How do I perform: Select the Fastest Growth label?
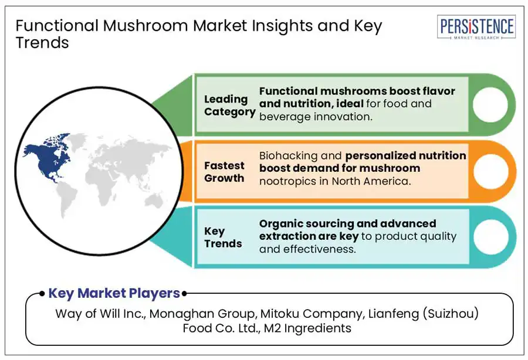(x=225, y=172)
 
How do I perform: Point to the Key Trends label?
(x=223, y=237)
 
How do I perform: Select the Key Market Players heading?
(x=114, y=293)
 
